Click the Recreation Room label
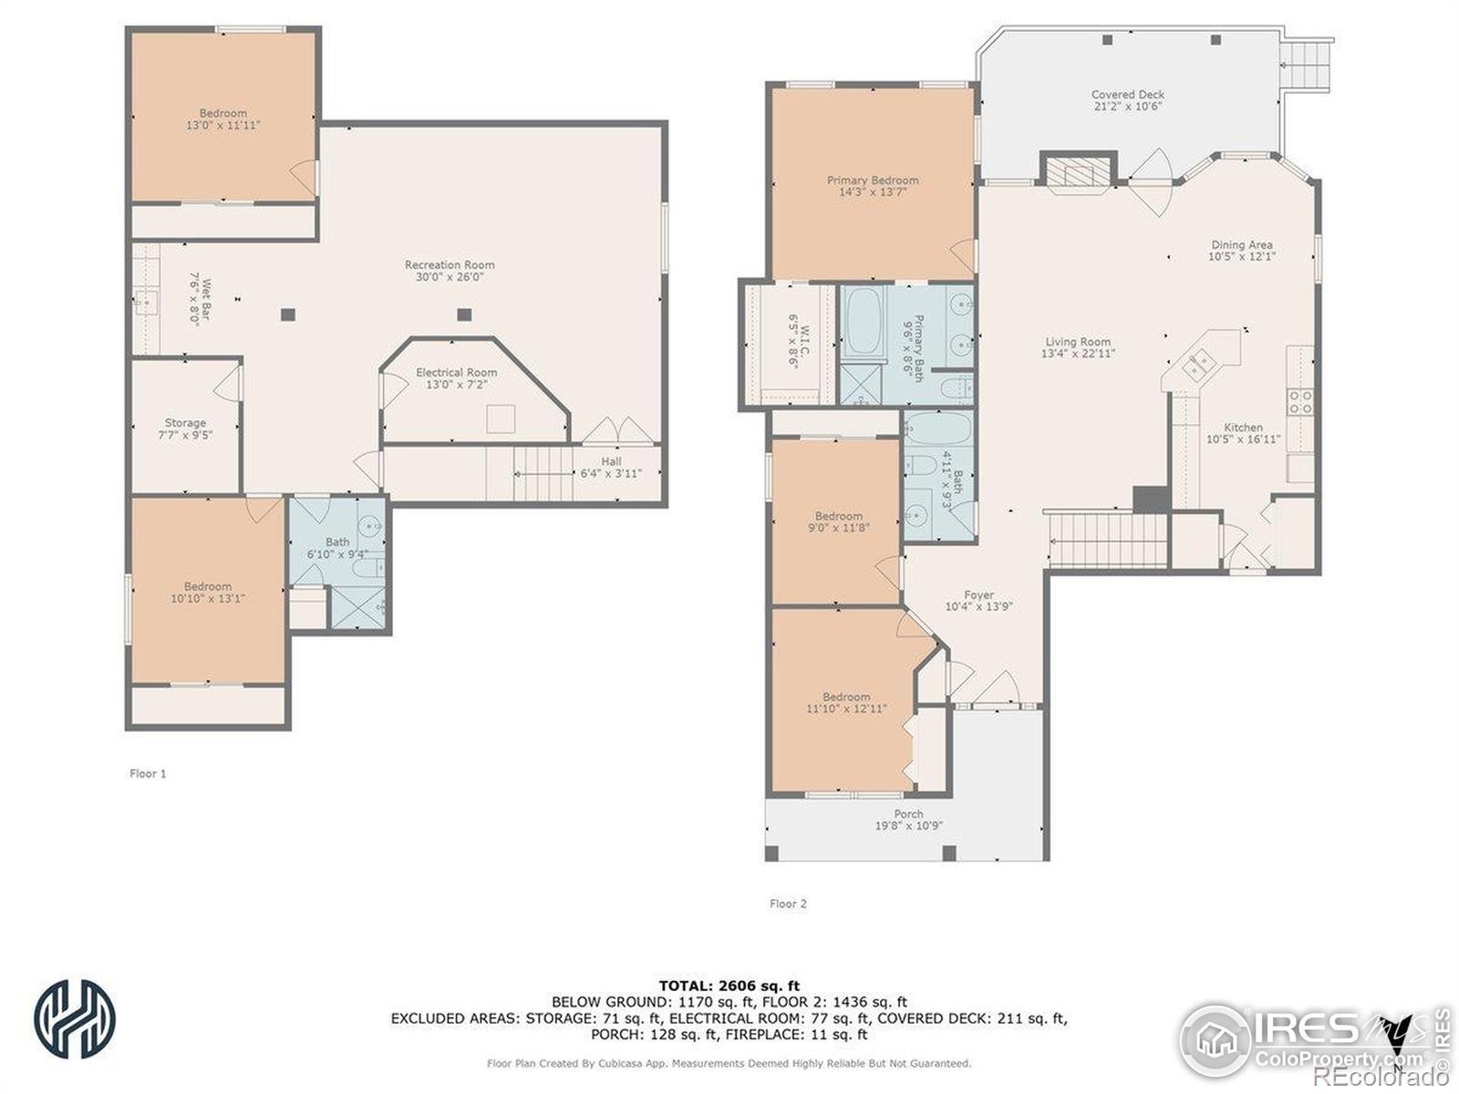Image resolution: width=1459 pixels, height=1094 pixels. [x=450, y=265]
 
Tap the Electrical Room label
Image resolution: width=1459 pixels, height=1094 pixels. [x=456, y=373]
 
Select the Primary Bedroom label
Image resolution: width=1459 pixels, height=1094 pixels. [x=873, y=180]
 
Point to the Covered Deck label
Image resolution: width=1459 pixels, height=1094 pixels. [x=1128, y=94]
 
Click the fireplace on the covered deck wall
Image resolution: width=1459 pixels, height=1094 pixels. [x=1078, y=172]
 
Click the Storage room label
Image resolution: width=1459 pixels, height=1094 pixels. [x=185, y=423]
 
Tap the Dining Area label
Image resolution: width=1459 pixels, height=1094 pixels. [x=1242, y=244]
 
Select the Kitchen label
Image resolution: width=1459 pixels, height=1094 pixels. [x=1243, y=427]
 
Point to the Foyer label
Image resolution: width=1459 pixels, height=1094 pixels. [x=978, y=595]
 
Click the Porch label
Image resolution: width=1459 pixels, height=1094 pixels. [x=908, y=814]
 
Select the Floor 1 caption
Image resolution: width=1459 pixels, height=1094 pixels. [x=148, y=773]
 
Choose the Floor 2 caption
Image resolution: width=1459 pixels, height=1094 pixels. [x=788, y=903]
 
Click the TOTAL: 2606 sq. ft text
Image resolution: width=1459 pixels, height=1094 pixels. [x=729, y=986]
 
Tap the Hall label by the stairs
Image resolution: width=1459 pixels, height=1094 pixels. [x=612, y=461]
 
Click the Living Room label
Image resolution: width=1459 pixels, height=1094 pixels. [x=1078, y=342]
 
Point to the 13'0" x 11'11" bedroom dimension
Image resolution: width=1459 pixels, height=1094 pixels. [x=222, y=125]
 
